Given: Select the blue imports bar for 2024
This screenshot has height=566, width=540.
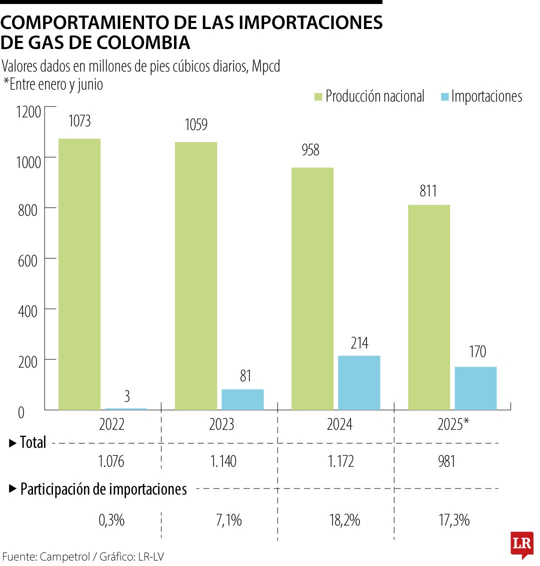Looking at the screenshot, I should pos(359,382).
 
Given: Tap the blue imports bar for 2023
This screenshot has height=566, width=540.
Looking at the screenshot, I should pos(242,399).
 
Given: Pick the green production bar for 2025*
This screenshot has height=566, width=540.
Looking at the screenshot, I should pos(428,307).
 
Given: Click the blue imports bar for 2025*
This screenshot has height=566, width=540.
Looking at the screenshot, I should pos(475,388).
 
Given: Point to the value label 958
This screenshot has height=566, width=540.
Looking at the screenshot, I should pos(310,150).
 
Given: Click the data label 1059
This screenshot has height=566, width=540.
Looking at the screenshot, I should pos(196,124).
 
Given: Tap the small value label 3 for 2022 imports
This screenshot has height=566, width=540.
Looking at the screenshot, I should pos(126,396).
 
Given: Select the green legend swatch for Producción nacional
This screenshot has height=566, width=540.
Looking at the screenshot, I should pos(318,96).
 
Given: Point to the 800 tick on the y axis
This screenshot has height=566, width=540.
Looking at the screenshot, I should pos(27,210).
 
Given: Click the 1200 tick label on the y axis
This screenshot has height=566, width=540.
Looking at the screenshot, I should pos(27,112).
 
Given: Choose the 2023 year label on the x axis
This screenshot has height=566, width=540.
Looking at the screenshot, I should pos(221,424).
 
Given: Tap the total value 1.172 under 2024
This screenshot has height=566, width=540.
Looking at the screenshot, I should pos(340,461).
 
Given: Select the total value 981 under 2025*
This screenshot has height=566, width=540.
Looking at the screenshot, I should pos(446,461).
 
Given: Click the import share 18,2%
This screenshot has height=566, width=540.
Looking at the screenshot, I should pos(344,520).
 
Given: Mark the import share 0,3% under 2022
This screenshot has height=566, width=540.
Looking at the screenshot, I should pos(111,520).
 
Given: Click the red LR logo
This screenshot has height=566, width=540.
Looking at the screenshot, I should pos(521,544).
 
